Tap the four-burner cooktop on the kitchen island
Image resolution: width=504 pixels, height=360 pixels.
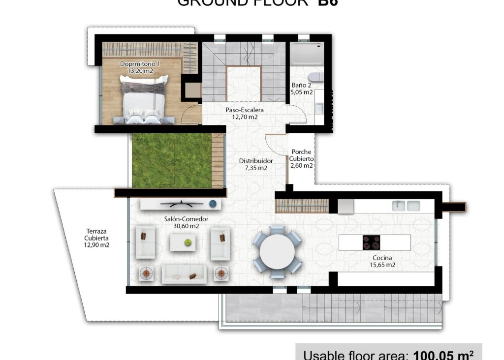click(372, 242)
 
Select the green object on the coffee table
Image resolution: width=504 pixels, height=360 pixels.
click(188, 242)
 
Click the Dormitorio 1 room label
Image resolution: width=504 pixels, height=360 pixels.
click(140, 64)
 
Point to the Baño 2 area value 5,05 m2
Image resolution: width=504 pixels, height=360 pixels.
click(302, 92)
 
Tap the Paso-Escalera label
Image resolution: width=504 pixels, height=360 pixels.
click(245, 110)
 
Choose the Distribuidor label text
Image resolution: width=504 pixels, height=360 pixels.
click(256, 161)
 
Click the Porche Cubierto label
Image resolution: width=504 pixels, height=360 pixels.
click(301, 155)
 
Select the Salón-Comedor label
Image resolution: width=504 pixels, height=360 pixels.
click(187, 219)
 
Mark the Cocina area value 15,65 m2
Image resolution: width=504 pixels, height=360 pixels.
click(384, 265)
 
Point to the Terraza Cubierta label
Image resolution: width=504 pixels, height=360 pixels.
click(96, 234)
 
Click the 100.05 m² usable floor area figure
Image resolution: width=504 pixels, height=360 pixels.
click(443, 355)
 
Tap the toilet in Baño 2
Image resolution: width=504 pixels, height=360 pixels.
click(315, 77)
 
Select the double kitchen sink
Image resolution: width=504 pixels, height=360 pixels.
click(406, 206)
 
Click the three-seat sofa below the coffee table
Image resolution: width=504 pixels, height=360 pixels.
click(184, 274)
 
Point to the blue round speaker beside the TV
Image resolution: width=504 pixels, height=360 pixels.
click(213, 203)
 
